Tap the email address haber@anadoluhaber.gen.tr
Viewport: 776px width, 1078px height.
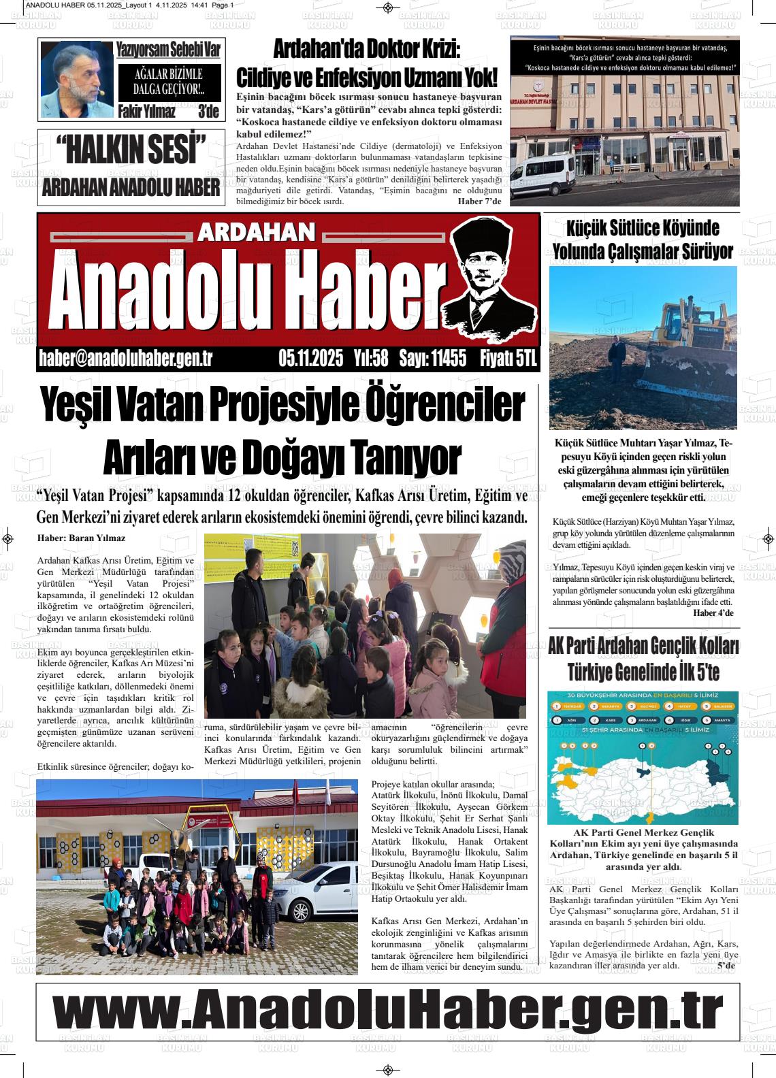point(126,359)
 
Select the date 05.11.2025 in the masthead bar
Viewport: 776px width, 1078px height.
point(311,359)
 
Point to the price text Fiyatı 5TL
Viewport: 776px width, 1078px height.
point(508,359)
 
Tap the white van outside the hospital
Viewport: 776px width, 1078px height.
point(545,178)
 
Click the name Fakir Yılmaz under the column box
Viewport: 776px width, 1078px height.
point(147,112)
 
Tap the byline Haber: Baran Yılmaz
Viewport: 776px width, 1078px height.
point(82,538)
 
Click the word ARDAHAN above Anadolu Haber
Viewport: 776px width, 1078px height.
point(257,233)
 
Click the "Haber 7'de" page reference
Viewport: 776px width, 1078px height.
point(479,201)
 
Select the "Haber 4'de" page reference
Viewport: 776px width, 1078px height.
point(713,613)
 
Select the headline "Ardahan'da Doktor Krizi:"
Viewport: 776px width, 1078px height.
point(367,50)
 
